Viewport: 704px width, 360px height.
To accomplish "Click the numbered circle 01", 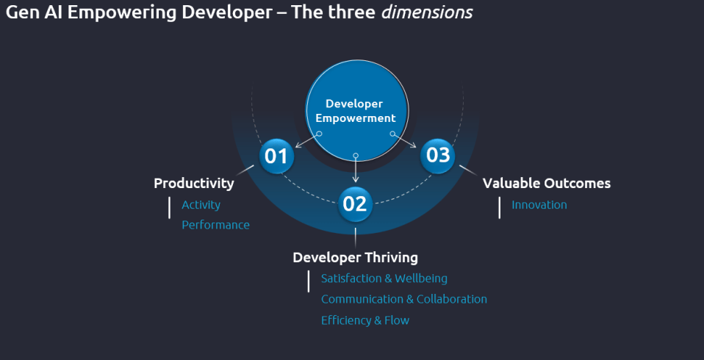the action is (x=276, y=156).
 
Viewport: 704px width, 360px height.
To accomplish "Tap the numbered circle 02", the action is (x=355, y=204).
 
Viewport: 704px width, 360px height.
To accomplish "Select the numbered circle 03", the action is (x=438, y=155).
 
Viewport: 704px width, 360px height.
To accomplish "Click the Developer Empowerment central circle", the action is (x=357, y=110).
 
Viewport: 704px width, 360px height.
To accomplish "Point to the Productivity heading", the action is (x=194, y=183).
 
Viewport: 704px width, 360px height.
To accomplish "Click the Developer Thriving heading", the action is (x=355, y=258).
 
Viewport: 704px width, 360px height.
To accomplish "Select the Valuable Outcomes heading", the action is (x=547, y=183).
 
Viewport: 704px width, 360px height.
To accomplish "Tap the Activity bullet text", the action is (x=201, y=205).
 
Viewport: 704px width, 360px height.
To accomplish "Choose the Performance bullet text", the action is (x=215, y=225).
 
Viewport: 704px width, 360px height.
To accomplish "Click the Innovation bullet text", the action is (x=539, y=205).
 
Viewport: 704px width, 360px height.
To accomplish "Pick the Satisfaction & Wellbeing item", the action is (x=384, y=278).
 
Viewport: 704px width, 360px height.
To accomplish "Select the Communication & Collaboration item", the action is (x=404, y=299).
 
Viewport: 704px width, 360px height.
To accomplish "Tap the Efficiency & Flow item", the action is (x=365, y=320).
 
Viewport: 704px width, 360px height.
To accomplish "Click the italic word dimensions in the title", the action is (x=426, y=12).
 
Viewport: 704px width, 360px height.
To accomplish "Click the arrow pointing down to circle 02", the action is (x=356, y=169).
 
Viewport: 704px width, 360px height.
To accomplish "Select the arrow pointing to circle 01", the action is (x=307, y=140).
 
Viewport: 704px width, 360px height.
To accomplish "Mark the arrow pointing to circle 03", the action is (x=404, y=140).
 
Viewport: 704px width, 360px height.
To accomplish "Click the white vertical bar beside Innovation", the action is (x=499, y=208).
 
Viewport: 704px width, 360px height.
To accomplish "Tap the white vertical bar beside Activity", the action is (x=169, y=208).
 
